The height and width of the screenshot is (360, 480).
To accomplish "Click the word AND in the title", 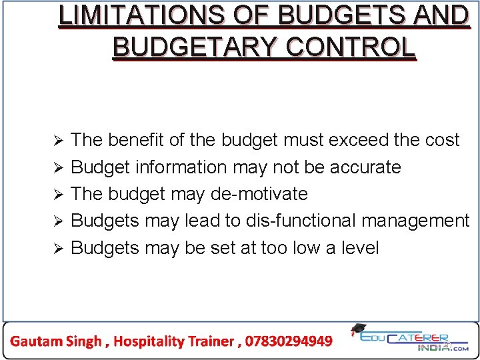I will point(440,16).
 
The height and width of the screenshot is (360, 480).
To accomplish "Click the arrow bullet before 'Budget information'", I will point(58,167).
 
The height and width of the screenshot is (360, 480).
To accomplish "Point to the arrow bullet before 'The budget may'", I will point(58,195).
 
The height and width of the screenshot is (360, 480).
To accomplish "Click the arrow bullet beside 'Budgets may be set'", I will point(58,249).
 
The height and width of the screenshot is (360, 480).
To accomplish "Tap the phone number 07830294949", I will point(289,341).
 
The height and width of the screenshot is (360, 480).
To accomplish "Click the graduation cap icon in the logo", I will point(358,329).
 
